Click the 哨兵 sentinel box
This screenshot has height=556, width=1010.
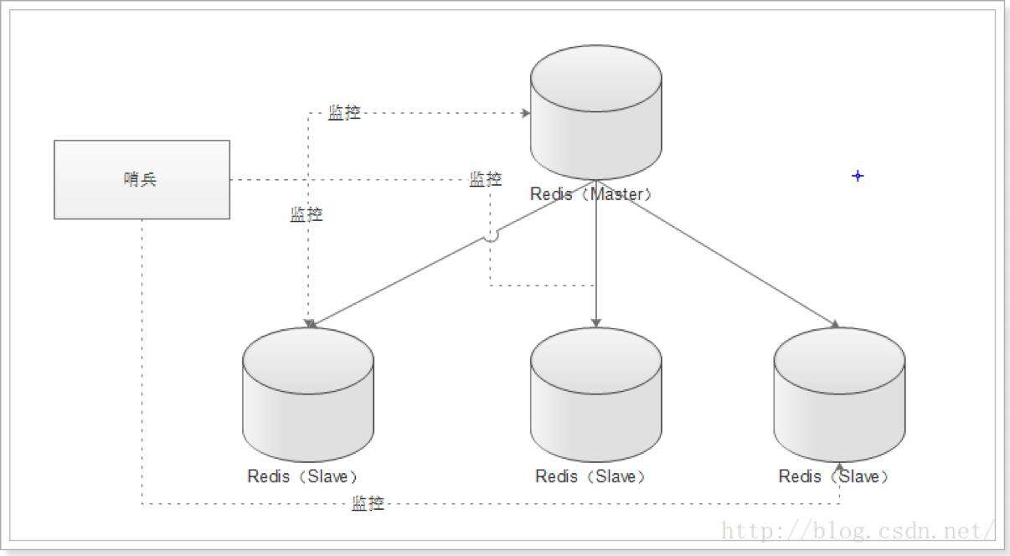(x=142, y=179)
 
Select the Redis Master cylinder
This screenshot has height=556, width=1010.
(x=595, y=112)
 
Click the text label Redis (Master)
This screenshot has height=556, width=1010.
(x=591, y=194)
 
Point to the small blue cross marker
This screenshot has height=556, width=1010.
(x=858, y=176)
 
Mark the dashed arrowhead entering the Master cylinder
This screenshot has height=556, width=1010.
(x=525, y=113)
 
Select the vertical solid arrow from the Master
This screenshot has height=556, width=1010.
(x=595, y=254)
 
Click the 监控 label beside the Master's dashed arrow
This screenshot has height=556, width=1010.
(x=344, y=112)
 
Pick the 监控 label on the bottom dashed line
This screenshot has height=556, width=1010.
(x=368, y=502)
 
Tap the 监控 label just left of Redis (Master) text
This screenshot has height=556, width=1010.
(x=486, y=179)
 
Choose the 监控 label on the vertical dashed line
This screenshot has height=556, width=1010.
(x=307, y=214)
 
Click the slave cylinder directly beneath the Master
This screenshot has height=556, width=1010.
(x=595, y=394)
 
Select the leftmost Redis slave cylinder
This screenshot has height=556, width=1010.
(x=308, y=394)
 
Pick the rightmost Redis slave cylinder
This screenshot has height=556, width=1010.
(x=839, y=394)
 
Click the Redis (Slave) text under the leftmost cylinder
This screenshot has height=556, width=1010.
(x=302, y=476)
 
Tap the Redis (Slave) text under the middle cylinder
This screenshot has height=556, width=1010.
(x=590, y=476)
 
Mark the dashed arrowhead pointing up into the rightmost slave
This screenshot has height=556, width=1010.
(x=839, y=467)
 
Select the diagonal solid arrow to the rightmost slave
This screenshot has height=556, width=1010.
(x=718, y=254)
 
